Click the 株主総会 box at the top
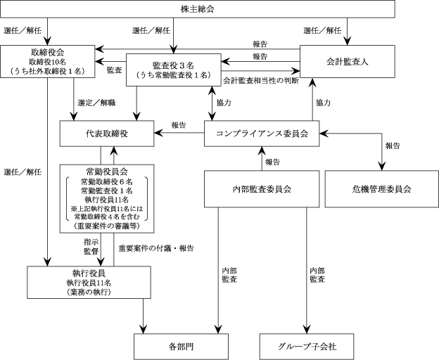[x=198, y=9]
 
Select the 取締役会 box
[x=48, y=62]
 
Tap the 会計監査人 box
[x=348, y=61]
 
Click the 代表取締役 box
[x=107, y=134]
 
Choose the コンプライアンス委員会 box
[x=262, y=134]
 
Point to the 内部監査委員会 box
[x=262, y=189]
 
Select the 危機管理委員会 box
[x=381, y=189]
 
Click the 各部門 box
[x=181, y=347]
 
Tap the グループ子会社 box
[x=307, y=347]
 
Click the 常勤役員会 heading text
[x=107, y=172]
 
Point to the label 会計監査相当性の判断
[x=261, y=81]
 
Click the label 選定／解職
[x=96, y=103]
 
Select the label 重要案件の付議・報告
[x=156, y=248]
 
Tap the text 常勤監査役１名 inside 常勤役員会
[x=107, y=191]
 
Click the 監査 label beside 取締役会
[x=115, y=70]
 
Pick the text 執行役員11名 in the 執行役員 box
[x=89, y=283]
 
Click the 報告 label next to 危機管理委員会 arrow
[x=393, y=146]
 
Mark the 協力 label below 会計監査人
[x=323, y=103]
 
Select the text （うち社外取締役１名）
[x=48, y=71]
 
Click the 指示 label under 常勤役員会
[x=91, y=243]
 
